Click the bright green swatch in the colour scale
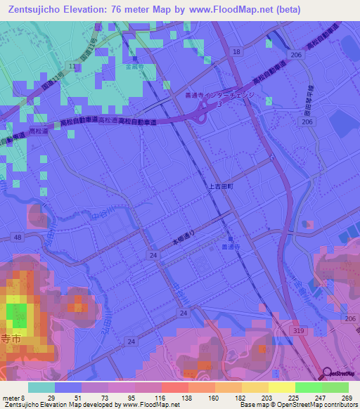(x=308, y=387)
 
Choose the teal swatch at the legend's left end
(x=41, y=387)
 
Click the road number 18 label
(x=236, y=53)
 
